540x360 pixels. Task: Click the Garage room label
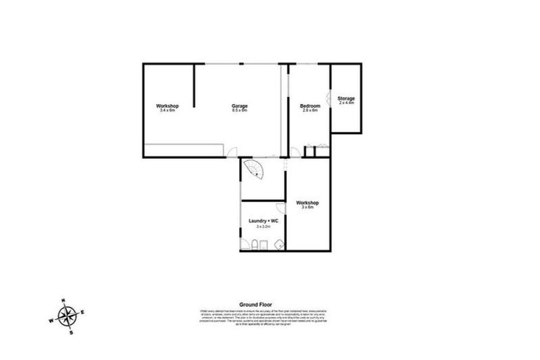pyautogui.click(x=240, y=106)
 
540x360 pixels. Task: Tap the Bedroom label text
pyautogui.click(x=310, y=106)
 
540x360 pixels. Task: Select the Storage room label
pyautogui.click(x=346, y=98)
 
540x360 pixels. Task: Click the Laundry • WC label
pyautogui.click(x=264, y=221)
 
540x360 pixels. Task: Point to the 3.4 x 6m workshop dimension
pyautogui.click(x=167, y=110)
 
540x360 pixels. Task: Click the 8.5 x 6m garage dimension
pyautogui.click(x=240, y=110)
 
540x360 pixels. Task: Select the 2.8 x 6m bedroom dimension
pyautogui.click(x=310, y=110)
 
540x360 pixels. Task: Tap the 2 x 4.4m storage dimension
pyautogui.click(x=346, y=103)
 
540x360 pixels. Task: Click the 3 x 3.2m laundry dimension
pyautogui.click(x=264, y=226)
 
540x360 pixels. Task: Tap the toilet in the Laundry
pyautogui.click(x=245, y=245)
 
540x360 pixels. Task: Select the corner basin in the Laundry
pyautogui.click(x=278, y=244)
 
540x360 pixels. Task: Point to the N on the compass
pyautogui.click(x=63, y=301)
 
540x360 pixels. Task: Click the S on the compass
pyautogui.click(x=71, y=333)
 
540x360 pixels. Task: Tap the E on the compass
pyautogui.click(x=84, y=312)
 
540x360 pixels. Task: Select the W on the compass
pyautogui.click(x=51, y=321)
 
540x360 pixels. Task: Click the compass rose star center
pyautogui.click(x=67, y=317)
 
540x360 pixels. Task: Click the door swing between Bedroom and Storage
pyautogui.click(x=328, y=98)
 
